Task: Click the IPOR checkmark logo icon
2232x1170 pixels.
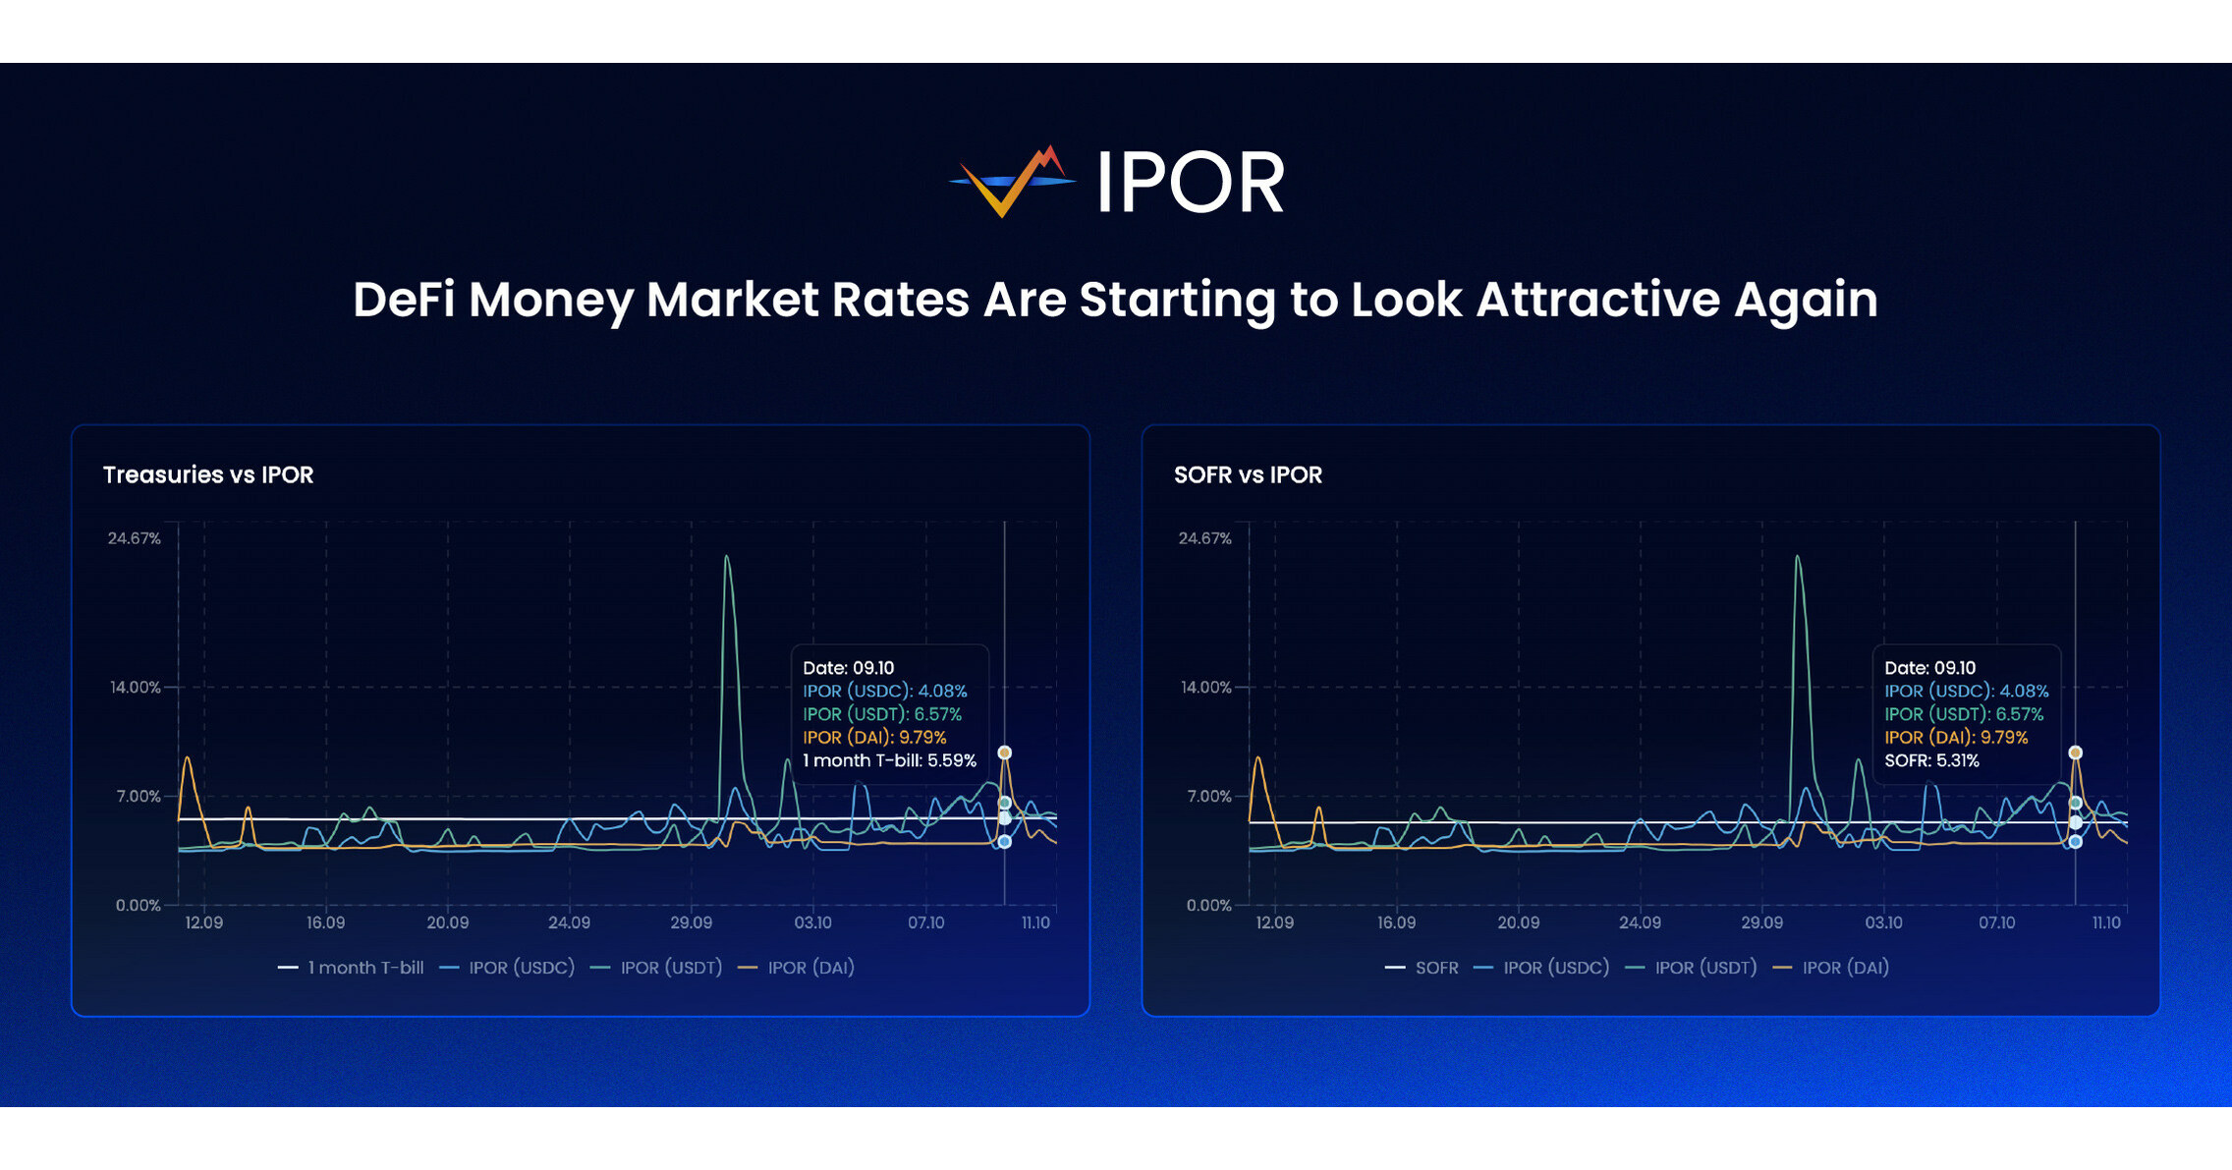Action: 1012,183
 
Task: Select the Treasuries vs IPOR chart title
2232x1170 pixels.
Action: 208,475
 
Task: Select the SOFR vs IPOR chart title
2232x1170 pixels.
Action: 1248,475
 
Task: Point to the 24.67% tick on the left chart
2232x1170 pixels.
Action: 134,538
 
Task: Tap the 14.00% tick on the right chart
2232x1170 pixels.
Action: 1205,687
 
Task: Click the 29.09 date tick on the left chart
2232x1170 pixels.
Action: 691,922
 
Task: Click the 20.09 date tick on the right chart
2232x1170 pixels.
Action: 1518,922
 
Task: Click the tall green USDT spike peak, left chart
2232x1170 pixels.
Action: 726,557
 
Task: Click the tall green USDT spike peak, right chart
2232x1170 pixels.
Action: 1797,557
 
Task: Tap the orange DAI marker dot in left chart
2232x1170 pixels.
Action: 1004,752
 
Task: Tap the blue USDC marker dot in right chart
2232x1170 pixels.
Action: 2075,842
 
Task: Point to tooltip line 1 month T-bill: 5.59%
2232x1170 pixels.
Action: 889,760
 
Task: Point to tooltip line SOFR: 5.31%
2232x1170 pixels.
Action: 1930,760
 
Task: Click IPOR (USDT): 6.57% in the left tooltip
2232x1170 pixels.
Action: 881,714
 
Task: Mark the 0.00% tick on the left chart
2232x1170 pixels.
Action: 138,905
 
